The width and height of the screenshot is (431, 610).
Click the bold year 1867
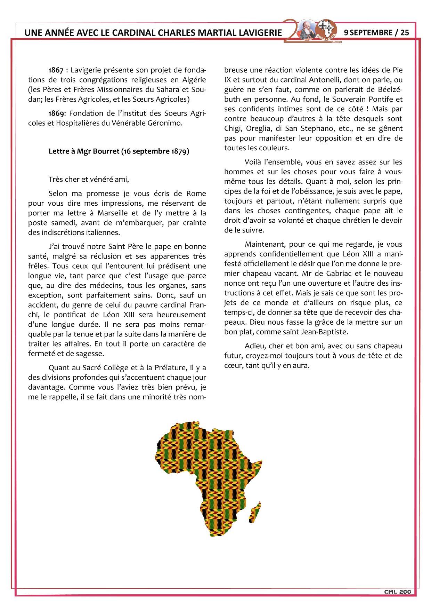coord(56,70)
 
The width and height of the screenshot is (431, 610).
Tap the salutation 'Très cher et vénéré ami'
coord(89,180)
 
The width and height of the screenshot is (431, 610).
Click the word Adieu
coord(254,346)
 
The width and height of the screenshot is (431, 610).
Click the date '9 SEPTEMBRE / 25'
coord(376,33)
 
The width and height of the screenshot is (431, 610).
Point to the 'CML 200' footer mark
coord(397,592)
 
